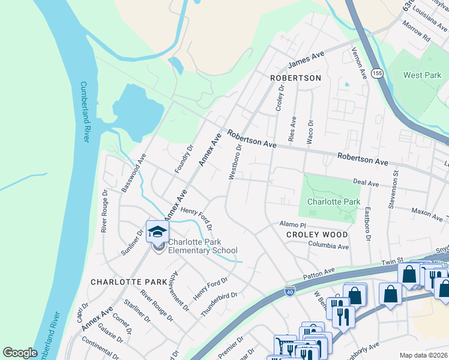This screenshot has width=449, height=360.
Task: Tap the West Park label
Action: (422, 76)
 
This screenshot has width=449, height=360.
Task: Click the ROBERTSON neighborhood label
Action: (295, 78)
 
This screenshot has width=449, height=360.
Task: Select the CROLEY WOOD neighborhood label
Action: (316, 235)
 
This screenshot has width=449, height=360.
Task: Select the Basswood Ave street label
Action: (134, 173)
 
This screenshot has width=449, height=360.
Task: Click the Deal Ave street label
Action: (366, 182)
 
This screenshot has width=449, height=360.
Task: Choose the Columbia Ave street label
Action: (328, 246)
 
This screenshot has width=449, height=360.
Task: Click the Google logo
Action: (20, 353)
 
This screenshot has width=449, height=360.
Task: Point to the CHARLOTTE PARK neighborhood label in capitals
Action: (120, 281)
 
